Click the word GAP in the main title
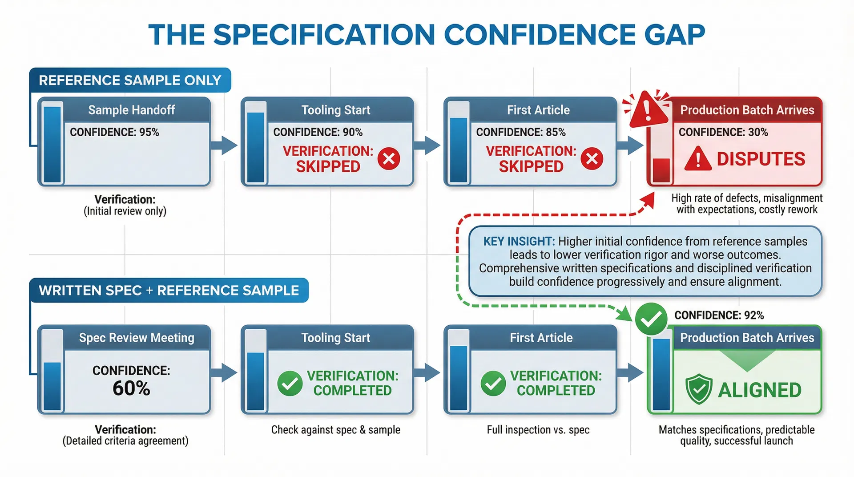pyautogui.click(x=674, y=35)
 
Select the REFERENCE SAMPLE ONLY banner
pyautogui.click(x=130, y=80)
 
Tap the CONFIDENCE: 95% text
pyautogui.click(x=114, y=132)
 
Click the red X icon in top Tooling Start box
pyautogui.click(x=389, y=159)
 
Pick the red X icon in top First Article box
pyautogui.click(x=592, y=159)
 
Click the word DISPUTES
pyautogui.click(x=761, y=159)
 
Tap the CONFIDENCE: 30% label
pyautogui.click(x=723, y=132)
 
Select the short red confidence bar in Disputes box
pyautogui.click(x=661, y=170)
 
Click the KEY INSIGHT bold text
pyautogui.click(x=519, y=242)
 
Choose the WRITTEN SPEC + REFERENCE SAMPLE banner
pyautogui.click(x=169, y=291)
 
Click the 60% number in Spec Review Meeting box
pyautogui.click(x=131, y=388)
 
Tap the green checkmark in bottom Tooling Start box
pyautogui.click(x=290, y=383)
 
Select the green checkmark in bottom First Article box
pyautogui.click(x=493, y=383)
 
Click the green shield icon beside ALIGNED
pyautogui.click(x=699, y=389)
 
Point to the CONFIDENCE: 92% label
pyautogui.click(x=719, y=315)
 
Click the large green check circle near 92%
pyautogui.click(x=651, y=319)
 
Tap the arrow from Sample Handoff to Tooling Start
pyautogui.click(x=225, y=145)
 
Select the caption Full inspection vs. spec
pyautogui.click(x=538, y=430)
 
